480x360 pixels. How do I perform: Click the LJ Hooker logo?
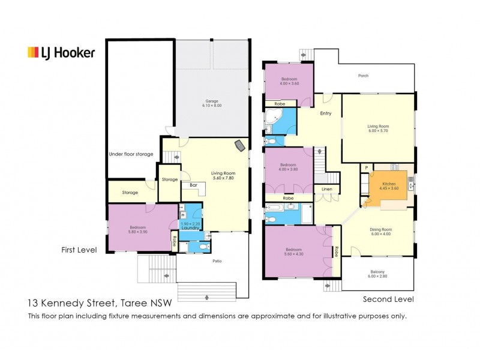[61, 53]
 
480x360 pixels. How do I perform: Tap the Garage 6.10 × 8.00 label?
[212, 103]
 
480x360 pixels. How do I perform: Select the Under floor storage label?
[131, 154]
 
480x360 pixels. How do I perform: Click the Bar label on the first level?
[193, 185]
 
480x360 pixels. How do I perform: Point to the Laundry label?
[190, 228]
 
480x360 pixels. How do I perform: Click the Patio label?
[217, 261]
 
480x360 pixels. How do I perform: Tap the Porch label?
[364, 76]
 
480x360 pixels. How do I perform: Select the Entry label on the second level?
[326, 113]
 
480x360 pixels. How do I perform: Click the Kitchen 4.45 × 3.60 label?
[389, 186]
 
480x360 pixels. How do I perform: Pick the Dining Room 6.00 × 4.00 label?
[380, 232]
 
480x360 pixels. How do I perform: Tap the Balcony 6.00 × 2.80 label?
[377, 274]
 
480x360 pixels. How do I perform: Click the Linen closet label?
[327, 189]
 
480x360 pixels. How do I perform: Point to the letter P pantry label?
[366, 168]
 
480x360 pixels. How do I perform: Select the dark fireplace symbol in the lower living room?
[239, 146]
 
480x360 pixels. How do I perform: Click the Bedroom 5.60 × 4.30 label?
[293, 251]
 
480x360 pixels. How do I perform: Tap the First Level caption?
[79, 250]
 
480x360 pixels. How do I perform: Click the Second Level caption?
[388, 299]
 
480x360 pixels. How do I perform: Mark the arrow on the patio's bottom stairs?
[206, 297]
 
